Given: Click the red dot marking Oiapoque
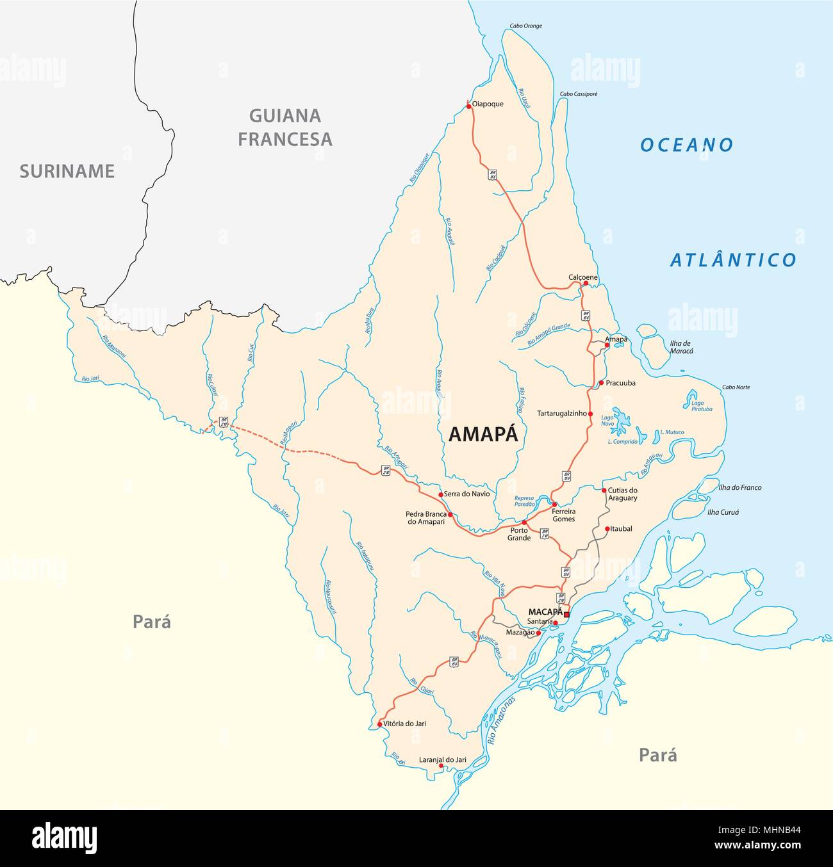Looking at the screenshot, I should [469, 104].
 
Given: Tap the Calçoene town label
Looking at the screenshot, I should [582, 277].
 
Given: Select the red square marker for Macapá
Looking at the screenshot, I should [566, 614].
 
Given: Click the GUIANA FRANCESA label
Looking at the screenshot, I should [285, 127].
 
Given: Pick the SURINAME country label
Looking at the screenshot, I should [67, 171].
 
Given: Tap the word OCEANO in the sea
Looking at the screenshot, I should [686, 145].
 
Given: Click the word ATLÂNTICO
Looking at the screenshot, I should [733, 260].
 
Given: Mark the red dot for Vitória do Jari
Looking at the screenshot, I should [380, 725].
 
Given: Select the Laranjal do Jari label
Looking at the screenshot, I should [442, 759].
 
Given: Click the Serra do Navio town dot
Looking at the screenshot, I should [440, 494].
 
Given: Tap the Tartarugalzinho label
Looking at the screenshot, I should [562, 414].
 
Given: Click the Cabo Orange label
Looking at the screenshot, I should [525, 26].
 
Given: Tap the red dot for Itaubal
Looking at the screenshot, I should [607, 529].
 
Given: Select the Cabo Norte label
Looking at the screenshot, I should [736, 387].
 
